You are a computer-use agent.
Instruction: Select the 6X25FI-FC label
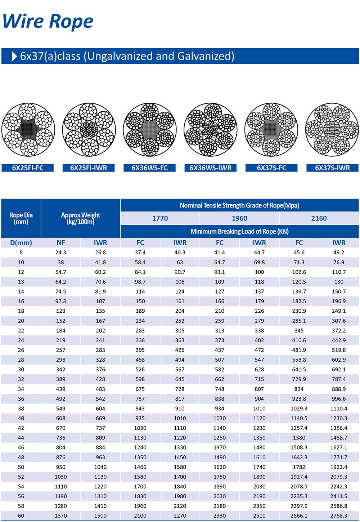28,168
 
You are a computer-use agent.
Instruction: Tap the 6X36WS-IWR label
211,168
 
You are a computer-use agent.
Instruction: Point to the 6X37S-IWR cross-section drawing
332,130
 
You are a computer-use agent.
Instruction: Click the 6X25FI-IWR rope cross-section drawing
89,130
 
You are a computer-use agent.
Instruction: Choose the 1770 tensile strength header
160,218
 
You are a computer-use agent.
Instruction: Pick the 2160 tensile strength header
319,218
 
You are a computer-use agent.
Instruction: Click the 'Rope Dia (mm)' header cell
21,218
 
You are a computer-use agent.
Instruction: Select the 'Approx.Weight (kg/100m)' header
81,218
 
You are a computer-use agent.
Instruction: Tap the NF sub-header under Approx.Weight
61,243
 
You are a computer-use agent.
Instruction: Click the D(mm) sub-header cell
21,243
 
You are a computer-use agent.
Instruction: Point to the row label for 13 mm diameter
21,282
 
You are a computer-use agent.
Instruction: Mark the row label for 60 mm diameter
21,516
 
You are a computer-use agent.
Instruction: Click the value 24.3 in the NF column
61,253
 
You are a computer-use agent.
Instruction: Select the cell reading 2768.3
339,516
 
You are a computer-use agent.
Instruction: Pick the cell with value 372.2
339,330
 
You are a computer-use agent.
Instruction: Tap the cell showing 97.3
61,301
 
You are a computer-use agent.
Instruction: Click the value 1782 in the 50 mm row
299,467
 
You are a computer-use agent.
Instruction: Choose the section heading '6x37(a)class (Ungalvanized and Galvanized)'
127,56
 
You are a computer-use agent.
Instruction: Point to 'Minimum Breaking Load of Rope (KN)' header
240,231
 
